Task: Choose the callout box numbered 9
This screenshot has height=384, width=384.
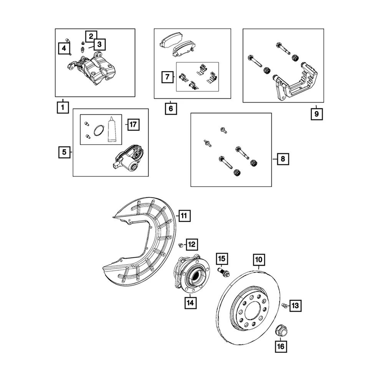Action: click(x=317, y=114)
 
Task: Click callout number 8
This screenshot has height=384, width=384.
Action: click(x=283, y=159)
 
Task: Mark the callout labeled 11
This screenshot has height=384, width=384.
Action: click(x=184, y=216)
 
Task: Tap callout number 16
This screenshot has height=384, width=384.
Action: click(x=281, y=347)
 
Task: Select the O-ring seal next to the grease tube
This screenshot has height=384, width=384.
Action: click(x=99, y=131)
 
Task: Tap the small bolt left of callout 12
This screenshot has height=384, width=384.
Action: click(x=180, y=245)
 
